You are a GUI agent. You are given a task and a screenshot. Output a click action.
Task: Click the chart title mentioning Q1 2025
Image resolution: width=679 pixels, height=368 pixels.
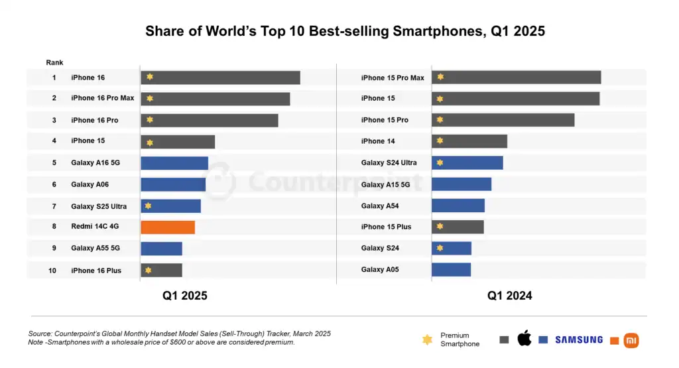[x=345, y=31]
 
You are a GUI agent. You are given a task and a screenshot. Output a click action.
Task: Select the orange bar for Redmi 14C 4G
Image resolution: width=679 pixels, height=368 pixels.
[x=168, y=227]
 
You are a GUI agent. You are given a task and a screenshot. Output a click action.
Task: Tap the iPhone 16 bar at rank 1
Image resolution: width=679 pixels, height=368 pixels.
[x=220, y=78]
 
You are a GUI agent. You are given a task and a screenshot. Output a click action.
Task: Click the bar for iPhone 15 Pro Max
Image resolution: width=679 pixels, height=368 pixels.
[x=516, y=78]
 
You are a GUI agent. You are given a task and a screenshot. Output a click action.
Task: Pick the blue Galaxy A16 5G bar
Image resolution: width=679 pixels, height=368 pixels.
[x=174, y=163]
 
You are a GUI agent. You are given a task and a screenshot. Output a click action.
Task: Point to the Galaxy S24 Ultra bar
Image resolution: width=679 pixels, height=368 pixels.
[x=467, y=162]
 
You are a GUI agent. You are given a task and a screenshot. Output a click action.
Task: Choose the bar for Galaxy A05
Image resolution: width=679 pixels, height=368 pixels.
[x=451, y=270]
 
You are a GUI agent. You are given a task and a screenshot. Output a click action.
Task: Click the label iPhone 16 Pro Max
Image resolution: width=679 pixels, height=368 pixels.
[x=102, y=98]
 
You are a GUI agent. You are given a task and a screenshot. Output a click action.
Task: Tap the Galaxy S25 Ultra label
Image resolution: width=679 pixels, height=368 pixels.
[x=99, y=206]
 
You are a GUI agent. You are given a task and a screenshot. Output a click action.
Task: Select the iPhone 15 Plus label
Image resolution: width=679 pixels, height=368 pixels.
[x=386, y=227]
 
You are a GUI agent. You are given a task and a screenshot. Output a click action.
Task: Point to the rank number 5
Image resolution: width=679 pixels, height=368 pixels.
[x=54, y=162]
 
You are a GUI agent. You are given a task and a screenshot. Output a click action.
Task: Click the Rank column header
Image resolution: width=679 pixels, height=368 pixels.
[x=54, y=62]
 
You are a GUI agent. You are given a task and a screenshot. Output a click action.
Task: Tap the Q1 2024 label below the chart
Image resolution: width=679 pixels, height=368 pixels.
[x=510, y=296]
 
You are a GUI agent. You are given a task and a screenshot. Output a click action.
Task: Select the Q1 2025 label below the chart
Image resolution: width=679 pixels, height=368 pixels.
[x=185, y=296]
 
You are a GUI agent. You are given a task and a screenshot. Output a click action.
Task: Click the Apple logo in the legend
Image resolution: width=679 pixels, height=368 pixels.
[x=525, y=339]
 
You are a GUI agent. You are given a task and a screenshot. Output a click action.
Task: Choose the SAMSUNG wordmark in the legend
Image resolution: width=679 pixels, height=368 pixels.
[x=579, y=339]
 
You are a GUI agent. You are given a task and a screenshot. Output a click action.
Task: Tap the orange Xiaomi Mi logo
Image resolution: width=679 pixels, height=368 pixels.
[x=631, y=341]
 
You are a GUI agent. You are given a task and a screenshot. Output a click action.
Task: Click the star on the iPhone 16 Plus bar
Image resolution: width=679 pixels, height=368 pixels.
[x=149, y=270]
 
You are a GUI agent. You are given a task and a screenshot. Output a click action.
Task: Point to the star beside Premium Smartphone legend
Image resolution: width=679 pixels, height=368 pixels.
[x=428, y=340]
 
